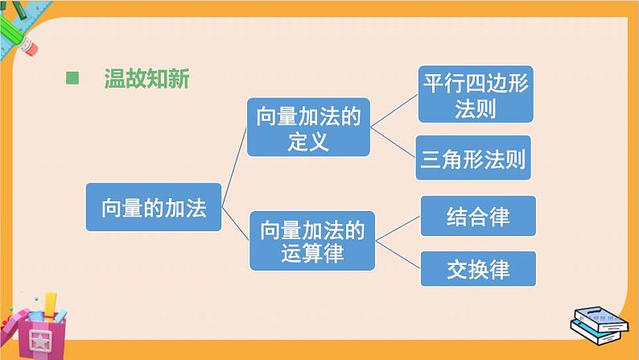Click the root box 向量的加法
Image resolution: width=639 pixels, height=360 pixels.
153,209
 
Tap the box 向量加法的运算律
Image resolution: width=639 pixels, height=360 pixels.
312,242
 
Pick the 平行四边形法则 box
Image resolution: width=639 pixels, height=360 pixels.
474,95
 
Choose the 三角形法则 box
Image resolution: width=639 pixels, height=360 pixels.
474,159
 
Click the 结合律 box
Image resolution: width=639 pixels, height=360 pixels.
478,217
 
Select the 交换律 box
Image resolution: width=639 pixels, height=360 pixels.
478,267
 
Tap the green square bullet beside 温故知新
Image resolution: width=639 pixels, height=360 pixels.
73,79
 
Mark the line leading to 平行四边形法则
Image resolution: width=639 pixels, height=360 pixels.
394,110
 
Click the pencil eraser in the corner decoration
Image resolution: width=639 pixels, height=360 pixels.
29,45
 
